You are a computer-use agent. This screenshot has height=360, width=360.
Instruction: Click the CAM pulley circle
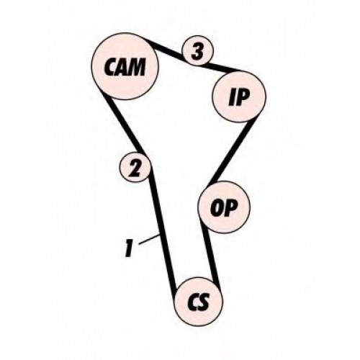(125, 66)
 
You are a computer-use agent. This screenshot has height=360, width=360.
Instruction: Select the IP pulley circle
(239, 96)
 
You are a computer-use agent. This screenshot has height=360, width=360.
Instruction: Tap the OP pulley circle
(224, 207)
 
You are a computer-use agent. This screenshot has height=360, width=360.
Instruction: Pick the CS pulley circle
(199, 302)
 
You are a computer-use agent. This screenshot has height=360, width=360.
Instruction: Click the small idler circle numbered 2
(135, 167)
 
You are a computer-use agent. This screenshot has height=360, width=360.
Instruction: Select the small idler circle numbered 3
(197, 51)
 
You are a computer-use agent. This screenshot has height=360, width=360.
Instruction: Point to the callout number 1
(129, 248)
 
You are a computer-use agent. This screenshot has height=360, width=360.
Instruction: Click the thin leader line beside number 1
(150, 240)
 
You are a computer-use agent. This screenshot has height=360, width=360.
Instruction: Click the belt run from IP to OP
(233, 151)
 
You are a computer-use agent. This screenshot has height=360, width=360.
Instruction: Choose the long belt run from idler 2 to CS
(163, 233)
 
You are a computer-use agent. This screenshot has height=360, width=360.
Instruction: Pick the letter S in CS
(204, 302)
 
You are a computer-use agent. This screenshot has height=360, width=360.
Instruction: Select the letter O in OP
(217, 208)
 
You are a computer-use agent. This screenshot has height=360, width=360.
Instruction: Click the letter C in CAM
(109, 67)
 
